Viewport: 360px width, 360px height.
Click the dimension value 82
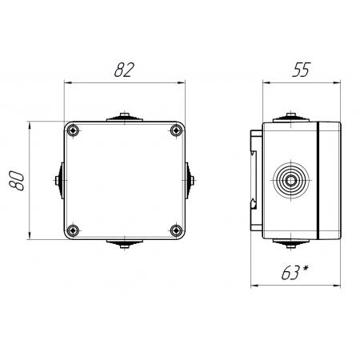click(124, 70)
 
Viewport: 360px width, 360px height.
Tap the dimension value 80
click(17, 181)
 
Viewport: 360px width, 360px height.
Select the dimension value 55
click(302, 70)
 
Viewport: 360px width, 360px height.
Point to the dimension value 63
click(290, 273)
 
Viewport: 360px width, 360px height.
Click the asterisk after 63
click(305, 269)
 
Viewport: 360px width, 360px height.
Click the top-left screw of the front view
click(73, 130)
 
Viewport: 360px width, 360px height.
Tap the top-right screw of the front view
click(176, 130)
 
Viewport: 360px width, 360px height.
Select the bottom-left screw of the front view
click(73, 230)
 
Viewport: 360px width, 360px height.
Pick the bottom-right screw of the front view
click(176, 230)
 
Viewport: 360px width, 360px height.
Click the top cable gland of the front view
click(125, 118)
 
